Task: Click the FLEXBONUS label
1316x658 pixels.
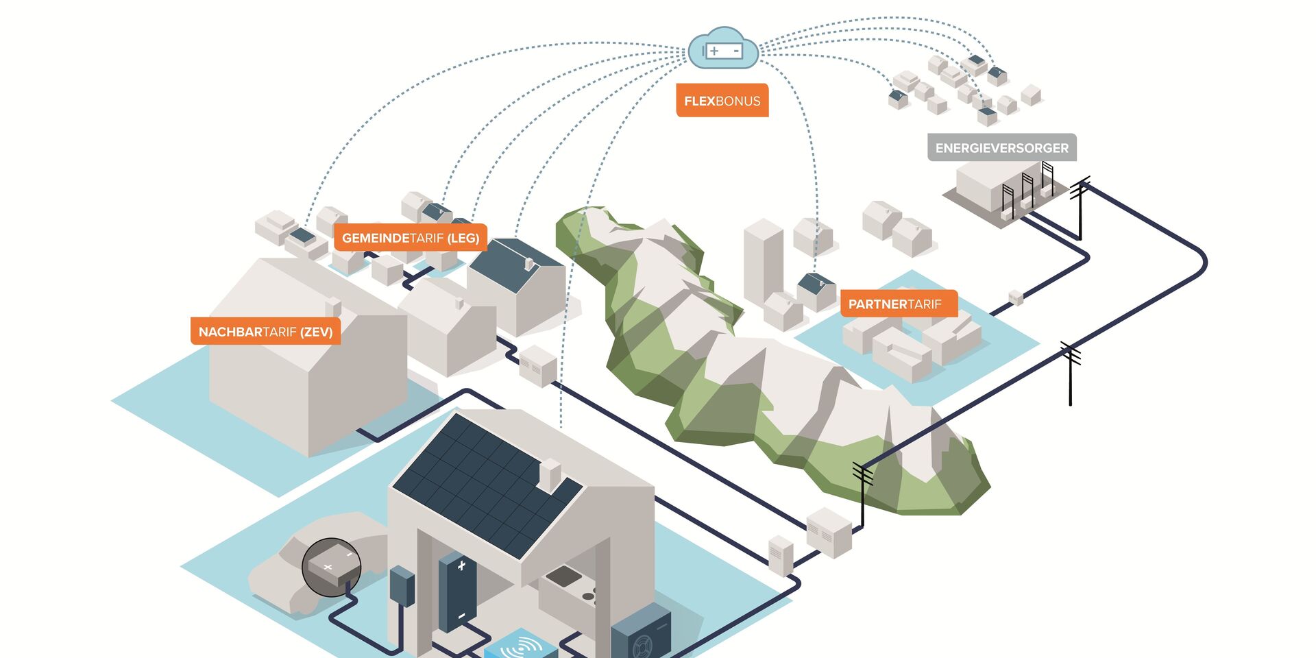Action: [722, 101]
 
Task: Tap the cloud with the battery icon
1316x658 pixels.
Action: [722, 49]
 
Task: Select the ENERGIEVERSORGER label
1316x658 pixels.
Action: [1001, 148]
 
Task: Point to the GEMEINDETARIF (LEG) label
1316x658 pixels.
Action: [410, 238]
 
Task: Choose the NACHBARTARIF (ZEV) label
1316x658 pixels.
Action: [265, 332]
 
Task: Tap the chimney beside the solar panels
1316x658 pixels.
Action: [550, 474]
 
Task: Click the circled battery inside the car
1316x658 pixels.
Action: [332, 567]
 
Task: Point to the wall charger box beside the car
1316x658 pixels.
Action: [402, 586]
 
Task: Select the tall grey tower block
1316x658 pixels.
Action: [763, 260]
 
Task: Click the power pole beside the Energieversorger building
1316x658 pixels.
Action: [1080, 206]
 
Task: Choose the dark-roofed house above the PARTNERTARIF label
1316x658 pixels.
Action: [816, 289]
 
